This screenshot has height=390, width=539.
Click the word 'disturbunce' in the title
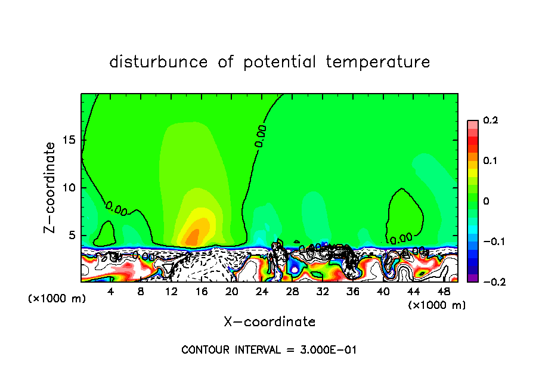pyautogui.click(x=159, y=62)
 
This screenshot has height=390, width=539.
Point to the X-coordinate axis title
pyautogui.click(x=269, y=322)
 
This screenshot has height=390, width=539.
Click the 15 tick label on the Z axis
pyautogui.click(x=69, y=141)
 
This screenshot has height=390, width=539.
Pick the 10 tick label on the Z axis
pyautogui.click(x=69, y=188)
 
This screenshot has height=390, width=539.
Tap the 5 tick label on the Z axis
pyautogui.click(x=72, y=235)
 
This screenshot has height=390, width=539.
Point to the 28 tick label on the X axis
pyautogui.click(x=292, y=292)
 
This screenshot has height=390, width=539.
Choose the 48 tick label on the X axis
pyautogui.click(x=443, y=292)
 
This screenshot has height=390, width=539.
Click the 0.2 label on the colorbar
pyautogui.click(x=490, y=120)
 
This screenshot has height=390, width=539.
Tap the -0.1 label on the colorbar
pyautogui.click(x=491, y=242)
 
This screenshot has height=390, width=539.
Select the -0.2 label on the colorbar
pyautogui.click(x=491, y=281)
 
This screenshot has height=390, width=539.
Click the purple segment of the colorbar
pyautogui.click(x=473, y=278)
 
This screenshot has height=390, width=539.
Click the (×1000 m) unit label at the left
pyautogui.click(x=57, y=299)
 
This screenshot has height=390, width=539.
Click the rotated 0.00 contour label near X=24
pyautogui.click(x=261, y=136)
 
